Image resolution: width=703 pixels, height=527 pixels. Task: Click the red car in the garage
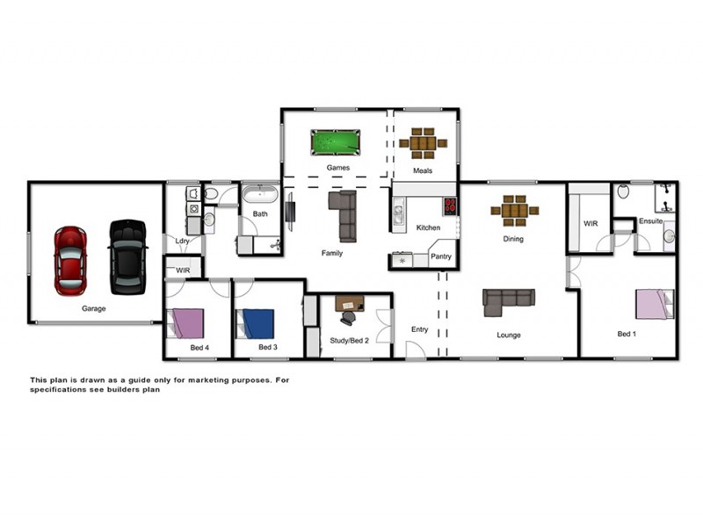click(69, 260)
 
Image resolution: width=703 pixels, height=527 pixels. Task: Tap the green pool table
click(335, 141)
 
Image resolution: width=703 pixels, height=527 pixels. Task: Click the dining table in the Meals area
click(423, 143)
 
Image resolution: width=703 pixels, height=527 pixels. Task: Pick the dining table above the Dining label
click(515, 211)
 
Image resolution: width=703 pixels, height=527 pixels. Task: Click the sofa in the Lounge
click(508, 300)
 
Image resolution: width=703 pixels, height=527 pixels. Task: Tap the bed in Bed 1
click(654, 305)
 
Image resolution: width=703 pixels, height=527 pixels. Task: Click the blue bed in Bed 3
click(258, 323)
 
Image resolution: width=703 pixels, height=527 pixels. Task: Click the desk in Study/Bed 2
click(348, 304)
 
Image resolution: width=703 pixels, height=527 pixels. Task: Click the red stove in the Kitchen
click(449, 206)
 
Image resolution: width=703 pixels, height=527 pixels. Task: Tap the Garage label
click(94, 309)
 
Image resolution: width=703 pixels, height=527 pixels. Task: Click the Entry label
click(420, 329)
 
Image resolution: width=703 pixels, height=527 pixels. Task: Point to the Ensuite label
click(651, 220)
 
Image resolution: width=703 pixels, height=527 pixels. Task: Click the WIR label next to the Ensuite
click(591, 224)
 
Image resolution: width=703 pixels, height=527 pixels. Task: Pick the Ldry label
click(183, 241)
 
